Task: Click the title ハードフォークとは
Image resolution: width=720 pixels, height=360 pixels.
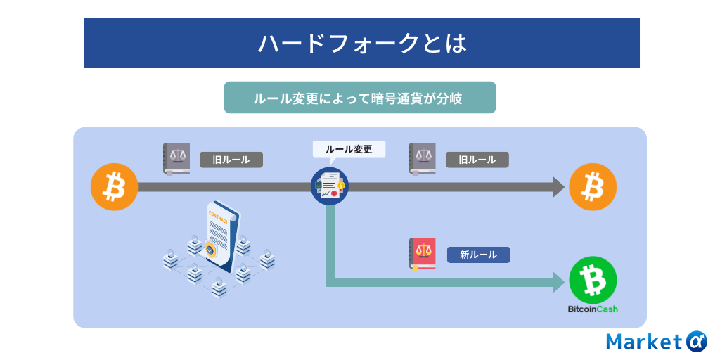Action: click(361, 44)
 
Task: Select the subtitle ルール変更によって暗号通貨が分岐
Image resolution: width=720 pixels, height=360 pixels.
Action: click(359, 98)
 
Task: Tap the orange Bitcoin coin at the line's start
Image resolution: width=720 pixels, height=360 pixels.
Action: click(114, 187)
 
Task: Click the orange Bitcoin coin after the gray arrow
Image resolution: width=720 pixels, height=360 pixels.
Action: click(593, 187)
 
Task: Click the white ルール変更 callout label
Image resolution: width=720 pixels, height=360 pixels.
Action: click(349, 149)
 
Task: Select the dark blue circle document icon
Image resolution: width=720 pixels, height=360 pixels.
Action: click(330, 187)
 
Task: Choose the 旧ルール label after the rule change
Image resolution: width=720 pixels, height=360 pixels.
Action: click(477, 160)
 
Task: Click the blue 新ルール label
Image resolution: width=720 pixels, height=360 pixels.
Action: click(478, 255)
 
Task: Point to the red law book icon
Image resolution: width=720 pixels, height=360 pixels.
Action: click(423, 254)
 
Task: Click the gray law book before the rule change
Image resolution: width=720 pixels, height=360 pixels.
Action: click(176, 159)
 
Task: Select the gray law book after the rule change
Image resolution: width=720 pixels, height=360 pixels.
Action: click(423, 159)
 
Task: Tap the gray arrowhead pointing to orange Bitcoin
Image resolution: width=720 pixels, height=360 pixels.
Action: click(558, 187)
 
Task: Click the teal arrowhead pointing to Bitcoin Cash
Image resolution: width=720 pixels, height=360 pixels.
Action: click(558, 282)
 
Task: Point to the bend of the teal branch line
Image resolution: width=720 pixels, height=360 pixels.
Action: click(330, 282)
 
